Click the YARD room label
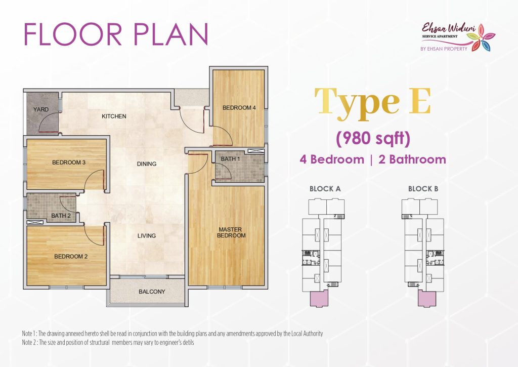point(40,109)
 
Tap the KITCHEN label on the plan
point(114,116)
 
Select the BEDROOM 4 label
point(239,107)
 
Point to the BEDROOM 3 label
point(69,162)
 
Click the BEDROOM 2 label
point(71,256)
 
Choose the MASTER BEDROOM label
point(231,232)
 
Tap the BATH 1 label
point(230,159)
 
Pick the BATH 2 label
point(61,216)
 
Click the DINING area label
point(147,164)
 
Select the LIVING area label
point(147,236)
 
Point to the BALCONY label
point(152,292)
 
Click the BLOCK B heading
point(423,189)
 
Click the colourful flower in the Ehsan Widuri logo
point(482,37)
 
